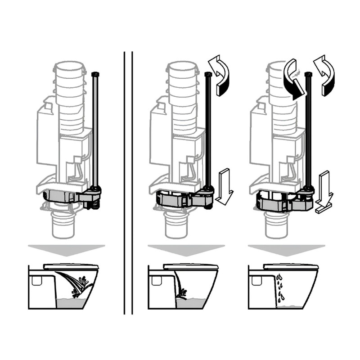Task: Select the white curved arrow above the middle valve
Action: [x=221, y=75]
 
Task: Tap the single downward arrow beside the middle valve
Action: [x=224, y=185]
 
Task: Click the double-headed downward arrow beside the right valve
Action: [x=324, y=192]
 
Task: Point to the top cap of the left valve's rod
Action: [x=94, y=73]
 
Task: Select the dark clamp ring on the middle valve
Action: [x=173, y=198]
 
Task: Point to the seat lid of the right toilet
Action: [x=291, y=267]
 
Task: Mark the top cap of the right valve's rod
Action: [x=309, y=73]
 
